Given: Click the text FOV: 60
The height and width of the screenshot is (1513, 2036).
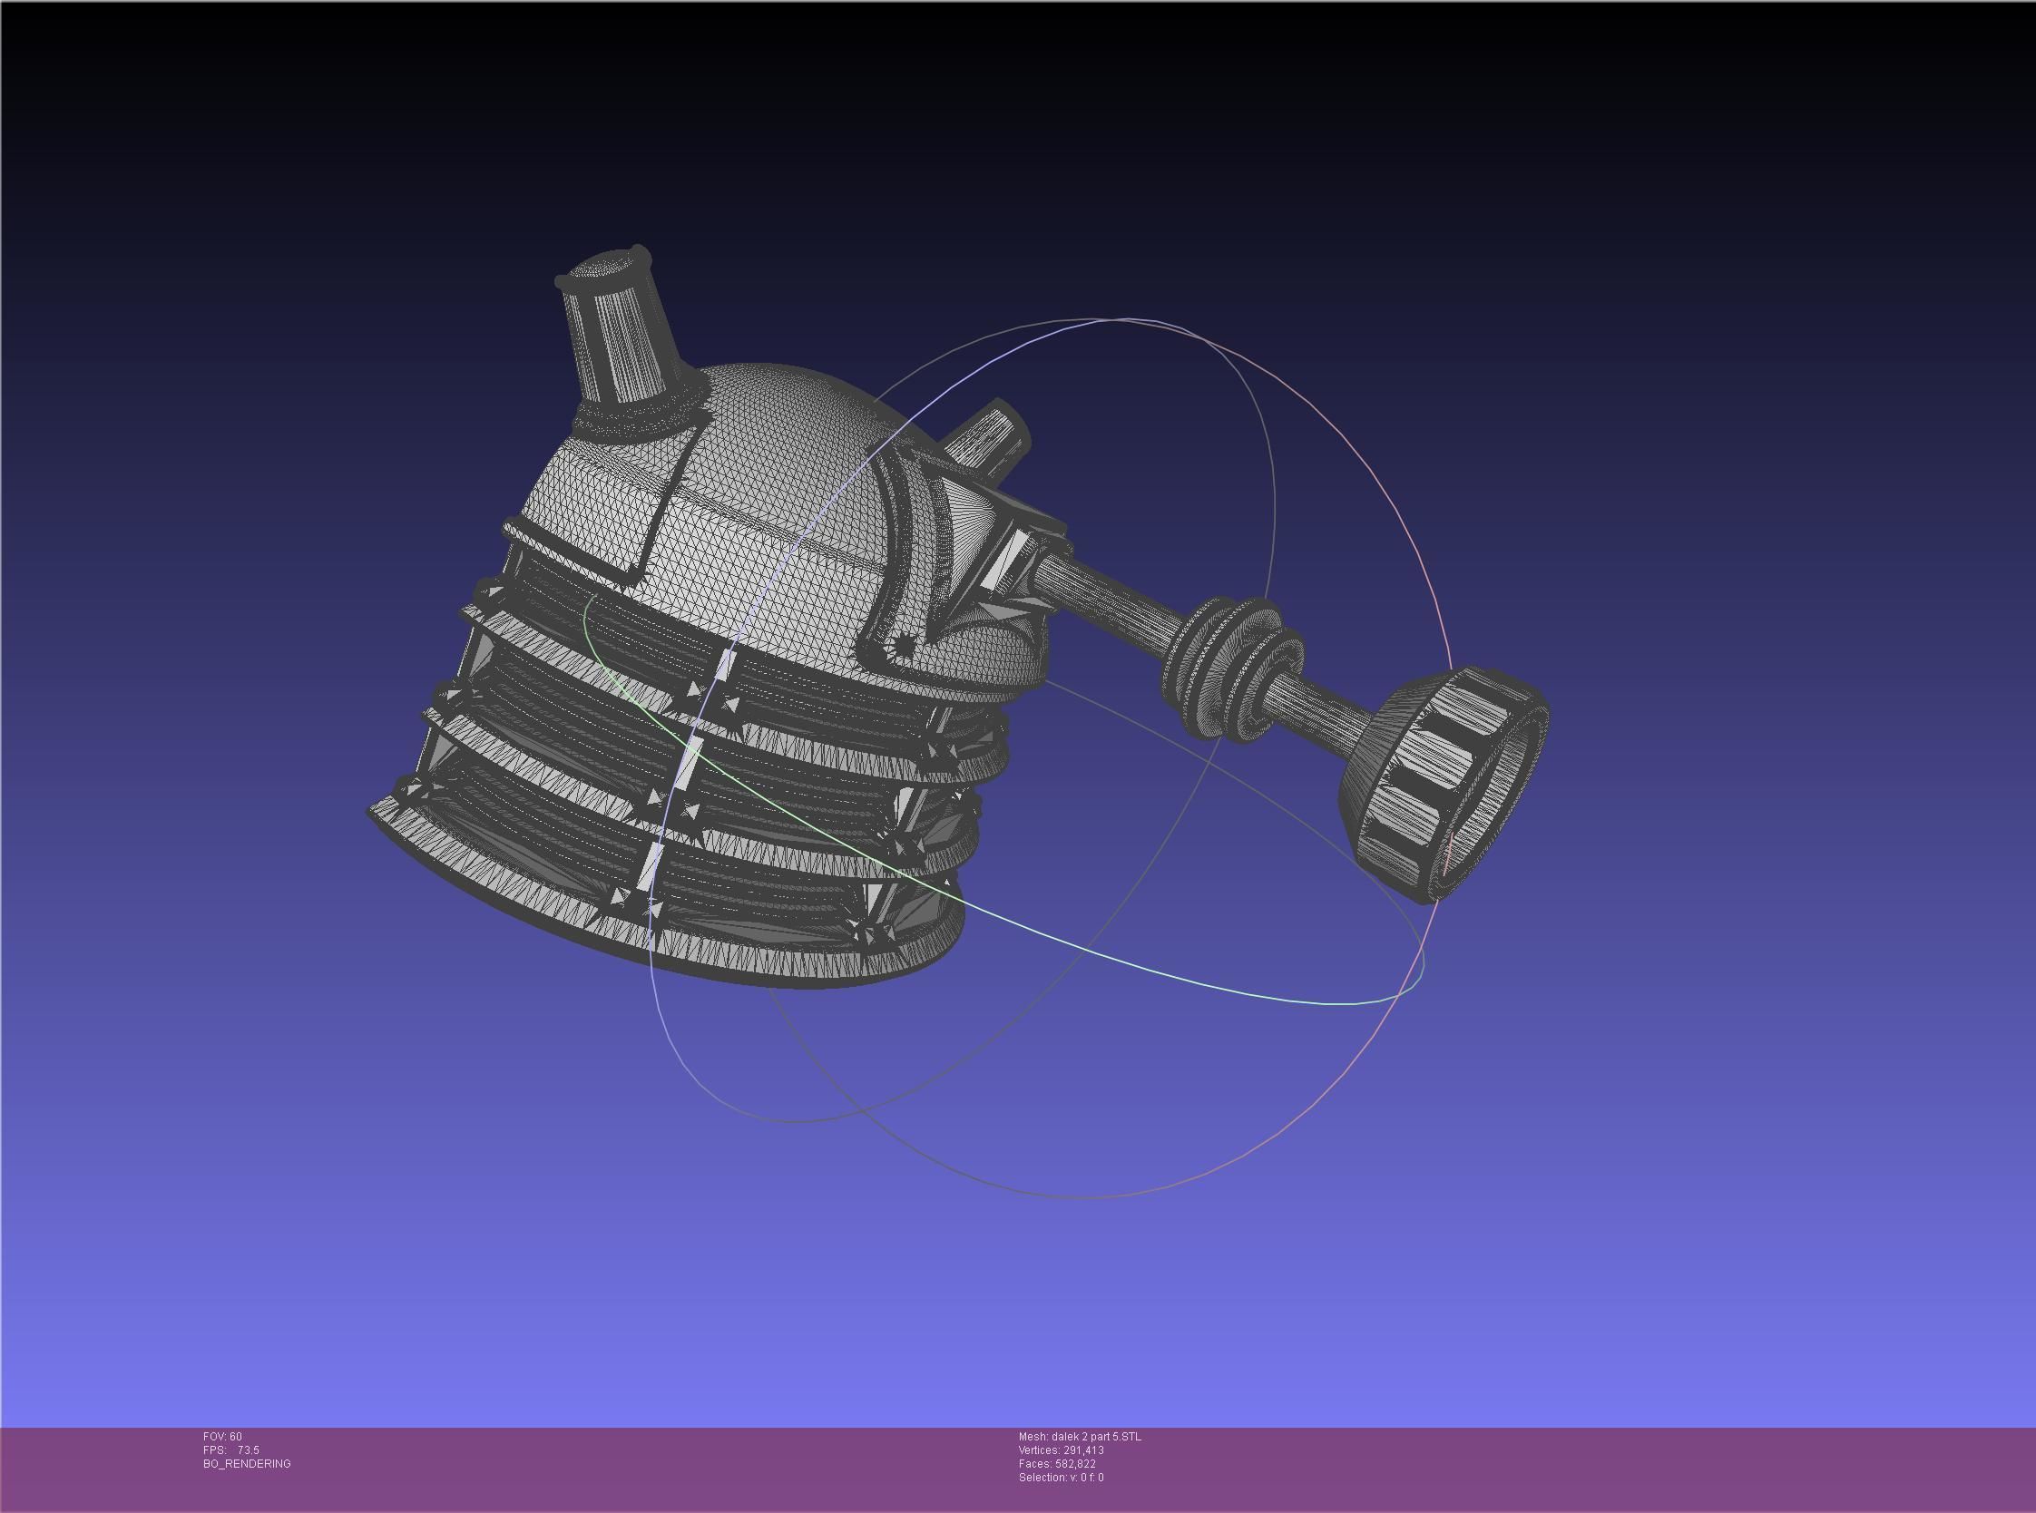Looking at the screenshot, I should (222, 1436).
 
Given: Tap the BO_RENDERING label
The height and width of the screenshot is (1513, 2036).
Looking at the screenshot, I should (247, 1463).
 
